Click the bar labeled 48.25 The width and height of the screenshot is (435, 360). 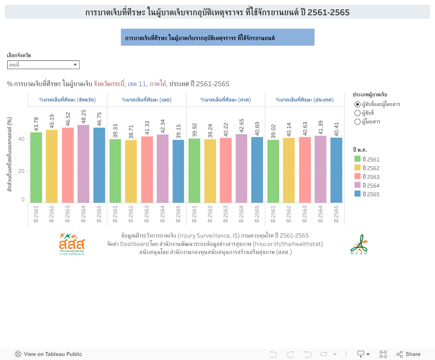click(x=83, y=164)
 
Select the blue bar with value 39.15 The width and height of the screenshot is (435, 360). click(x=178, y=171)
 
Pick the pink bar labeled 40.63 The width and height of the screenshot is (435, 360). click(x=305, y=170)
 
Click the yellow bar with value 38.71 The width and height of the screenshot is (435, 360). click(x=131, y=171)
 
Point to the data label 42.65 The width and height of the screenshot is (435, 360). click(x=241, y=126)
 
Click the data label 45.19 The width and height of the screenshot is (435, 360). click(x=52, y=121)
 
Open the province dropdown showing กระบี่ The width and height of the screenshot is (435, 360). click(x=43, y=65)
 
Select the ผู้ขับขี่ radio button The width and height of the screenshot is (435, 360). click(x=358, y=113)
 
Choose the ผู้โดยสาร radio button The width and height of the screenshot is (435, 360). click(x=358, y=122)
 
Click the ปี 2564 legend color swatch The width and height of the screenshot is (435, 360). click(x=357, y=185)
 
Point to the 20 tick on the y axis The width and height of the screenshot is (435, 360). click(x=21, y=171)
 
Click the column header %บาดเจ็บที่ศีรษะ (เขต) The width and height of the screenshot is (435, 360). click(x=147, y=99)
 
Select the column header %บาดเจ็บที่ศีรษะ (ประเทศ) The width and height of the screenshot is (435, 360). click(x=304, y=99)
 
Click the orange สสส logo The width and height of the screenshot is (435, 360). click(x=72, y=244)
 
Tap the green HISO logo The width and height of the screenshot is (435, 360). click(x=359, y=245)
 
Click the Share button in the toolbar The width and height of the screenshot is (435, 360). click(x=408, y=354)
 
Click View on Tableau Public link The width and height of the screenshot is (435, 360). click(x=48, y=354)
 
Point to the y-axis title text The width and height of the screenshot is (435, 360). click(x=10, y=154)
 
